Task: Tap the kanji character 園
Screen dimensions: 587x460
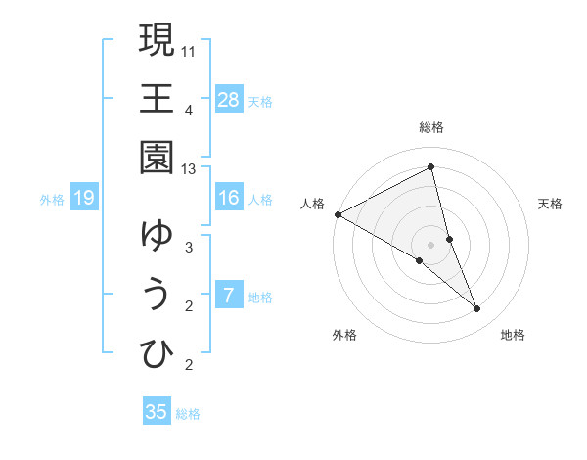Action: click(x=157, y=158)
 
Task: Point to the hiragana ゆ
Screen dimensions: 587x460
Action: click(x=157, y=236)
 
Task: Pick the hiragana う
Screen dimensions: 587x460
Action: click(x=157, y=295)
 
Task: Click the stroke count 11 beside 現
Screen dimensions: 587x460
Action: click(x=189, y=50)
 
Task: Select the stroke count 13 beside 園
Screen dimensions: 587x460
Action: click(x=189, y=168)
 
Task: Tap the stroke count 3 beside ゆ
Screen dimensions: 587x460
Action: click(x=189, y=247)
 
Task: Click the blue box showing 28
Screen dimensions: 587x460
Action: click(x=229, y=99)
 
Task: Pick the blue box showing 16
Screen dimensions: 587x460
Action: click(x=229, y=198)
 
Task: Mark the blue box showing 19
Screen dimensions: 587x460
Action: click(x=84, y=199)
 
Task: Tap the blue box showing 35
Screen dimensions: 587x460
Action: click(x=157, y=412)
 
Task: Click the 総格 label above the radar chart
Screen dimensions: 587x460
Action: click(x=431, y=127)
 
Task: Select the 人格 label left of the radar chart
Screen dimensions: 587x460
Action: click(x=313, y=204)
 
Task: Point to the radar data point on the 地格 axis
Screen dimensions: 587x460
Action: click(x=477, y=309)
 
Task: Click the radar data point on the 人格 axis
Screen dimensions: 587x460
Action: click(x=338, y=213)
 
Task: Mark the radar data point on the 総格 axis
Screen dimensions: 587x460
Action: click(x=431, y=168)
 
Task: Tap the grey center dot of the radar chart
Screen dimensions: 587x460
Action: click(x=431, y=245)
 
